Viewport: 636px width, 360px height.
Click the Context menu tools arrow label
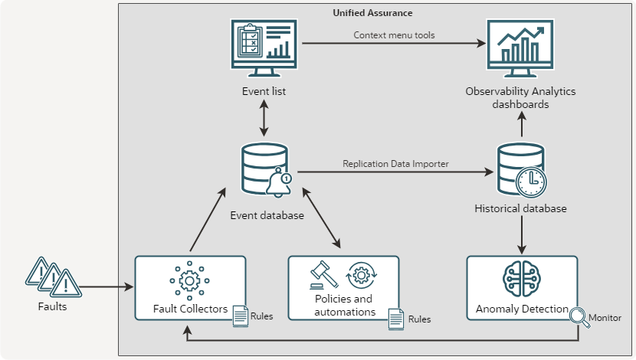(394, 35)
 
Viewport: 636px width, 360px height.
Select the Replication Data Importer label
(395, 163)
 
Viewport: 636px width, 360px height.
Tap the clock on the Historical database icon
(530, 182)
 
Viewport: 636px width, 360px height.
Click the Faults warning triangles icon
(52, 278)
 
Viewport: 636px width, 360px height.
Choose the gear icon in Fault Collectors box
(189, 280)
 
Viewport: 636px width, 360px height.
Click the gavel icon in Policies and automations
(323, 274)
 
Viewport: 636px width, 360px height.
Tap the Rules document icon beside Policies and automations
(396, 319)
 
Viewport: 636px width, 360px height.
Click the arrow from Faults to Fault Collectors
(107, 288)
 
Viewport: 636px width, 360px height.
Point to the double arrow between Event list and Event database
(264, 118)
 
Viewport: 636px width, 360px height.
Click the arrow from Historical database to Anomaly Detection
(521, 234)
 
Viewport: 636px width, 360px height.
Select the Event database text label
(267, 215)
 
